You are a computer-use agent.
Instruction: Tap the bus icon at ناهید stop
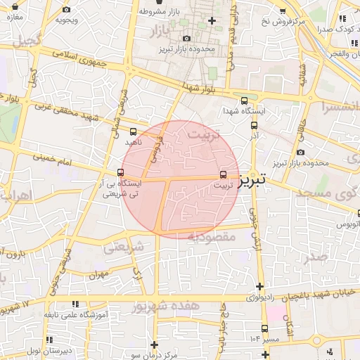tap(133, 131)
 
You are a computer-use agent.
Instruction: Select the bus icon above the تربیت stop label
tap(223, 174)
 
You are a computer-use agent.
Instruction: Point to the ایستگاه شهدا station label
tap(243, 112)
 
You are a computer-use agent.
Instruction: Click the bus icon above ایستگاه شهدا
tap(243, 101)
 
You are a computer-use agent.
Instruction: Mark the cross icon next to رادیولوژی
tap(260, 286)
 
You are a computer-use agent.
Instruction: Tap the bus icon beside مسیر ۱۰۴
tap(264, 328)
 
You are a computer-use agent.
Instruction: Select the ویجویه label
tap(66, 20)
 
